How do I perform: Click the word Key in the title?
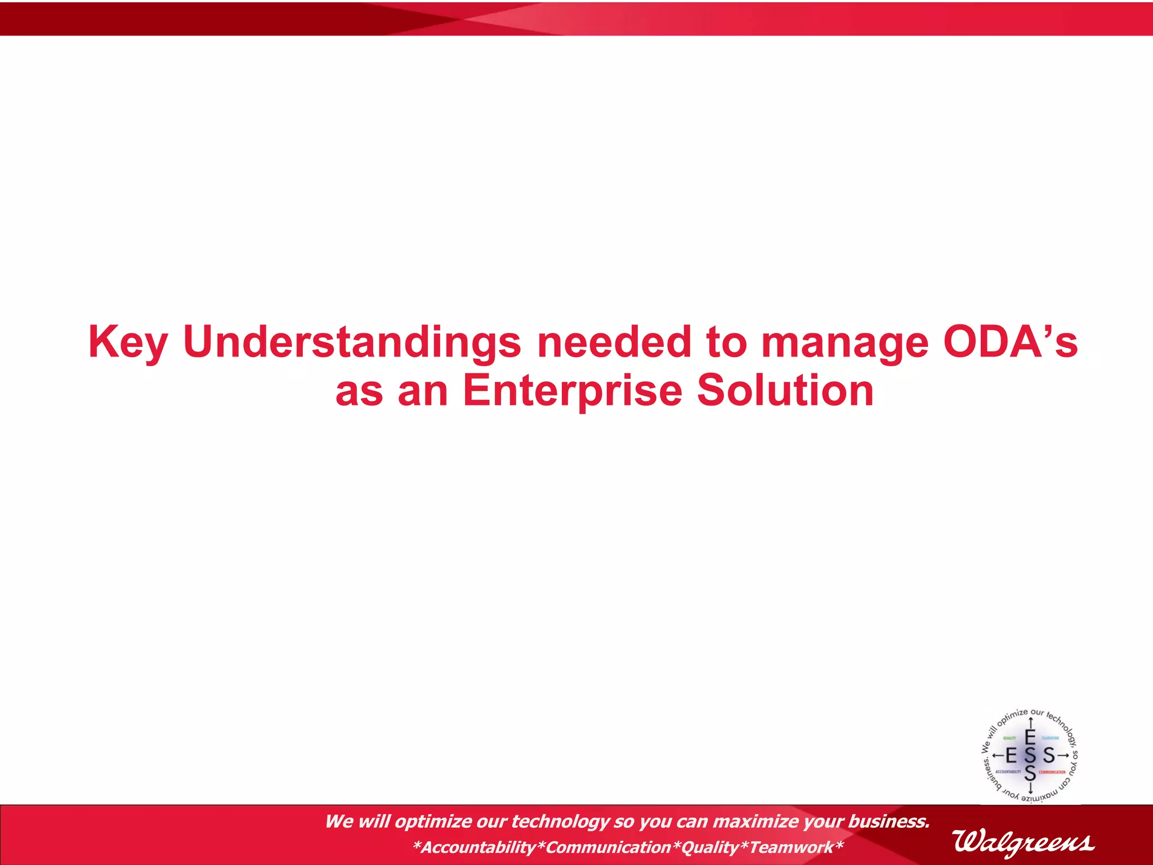coord(128,342)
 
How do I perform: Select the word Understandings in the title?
coord(352,342)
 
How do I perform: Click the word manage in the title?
coord(844,342)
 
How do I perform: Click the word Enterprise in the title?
coord(572,390)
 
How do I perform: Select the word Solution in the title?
coord(785,390)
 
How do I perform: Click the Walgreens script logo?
coord(1024,842)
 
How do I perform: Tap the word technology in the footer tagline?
coord(560,822)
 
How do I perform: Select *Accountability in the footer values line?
coord(474,847)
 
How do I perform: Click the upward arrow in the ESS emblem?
coord(1030,726)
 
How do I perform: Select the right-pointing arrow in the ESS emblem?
coord(1063,755)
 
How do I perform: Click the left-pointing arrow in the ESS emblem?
coord(997,755)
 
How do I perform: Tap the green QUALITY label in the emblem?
coord(1009,738)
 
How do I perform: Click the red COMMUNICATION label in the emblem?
coord(1052,772)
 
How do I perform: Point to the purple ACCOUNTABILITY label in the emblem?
coord(1008,772)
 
